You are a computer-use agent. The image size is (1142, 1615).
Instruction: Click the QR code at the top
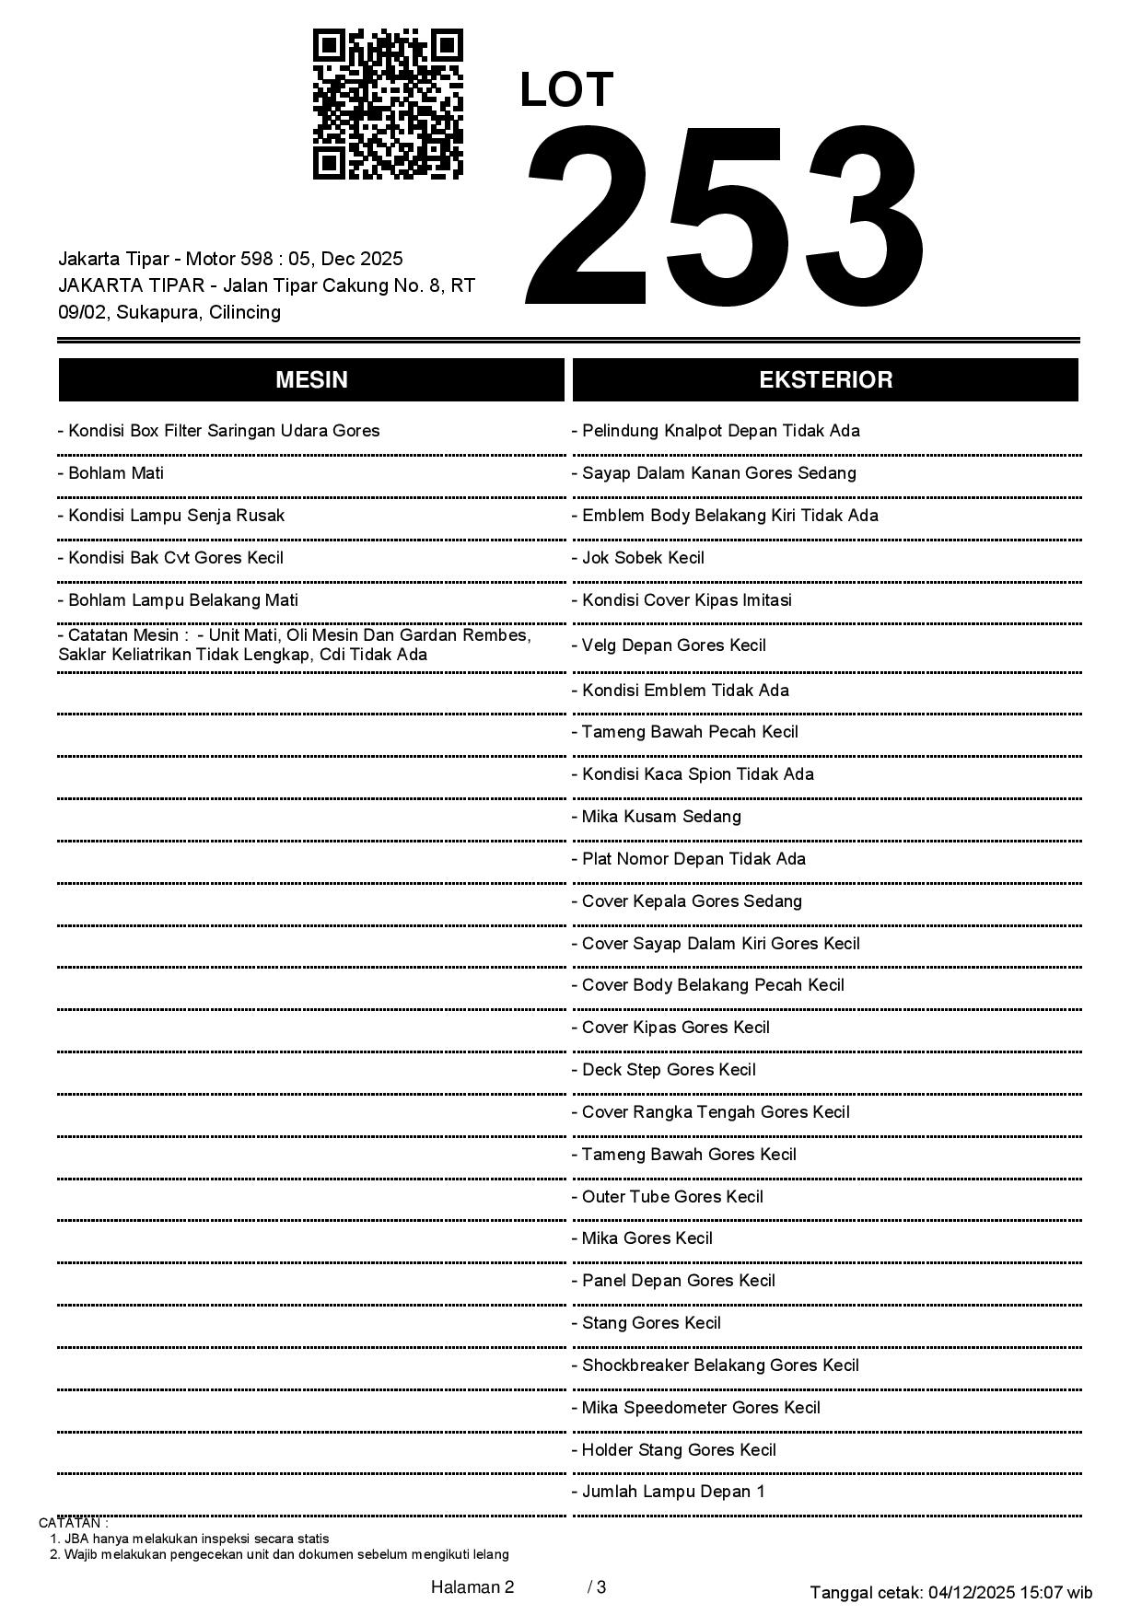pyautogui.click(x=388, y=104)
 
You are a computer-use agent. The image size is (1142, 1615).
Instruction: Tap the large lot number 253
pyautogui.click(x=725, y=217)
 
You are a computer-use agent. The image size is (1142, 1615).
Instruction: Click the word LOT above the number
pyautogui.click(x=566, y=90)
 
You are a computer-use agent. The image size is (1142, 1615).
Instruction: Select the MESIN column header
pyautogui.click(x=311, y=380)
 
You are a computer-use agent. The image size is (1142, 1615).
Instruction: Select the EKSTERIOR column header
pyautogui.click(x=825, y=380)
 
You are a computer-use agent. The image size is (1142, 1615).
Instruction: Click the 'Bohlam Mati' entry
pyautogui.click(x=111, y=473)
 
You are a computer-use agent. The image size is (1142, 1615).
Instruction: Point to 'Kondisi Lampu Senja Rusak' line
pyautogui.click(x=171, y=516)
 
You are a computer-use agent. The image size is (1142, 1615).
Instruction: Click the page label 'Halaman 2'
pyautogui.click(x=472, y=1587)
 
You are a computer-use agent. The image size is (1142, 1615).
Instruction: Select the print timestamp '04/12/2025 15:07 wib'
pyautogui.click(x=1010, y=1592)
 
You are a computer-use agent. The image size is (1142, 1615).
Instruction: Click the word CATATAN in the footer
pyautogui.click(x=73, y=1523)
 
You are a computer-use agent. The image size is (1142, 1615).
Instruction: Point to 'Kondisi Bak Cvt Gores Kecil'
pyautogui.click(x=171, y=558)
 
